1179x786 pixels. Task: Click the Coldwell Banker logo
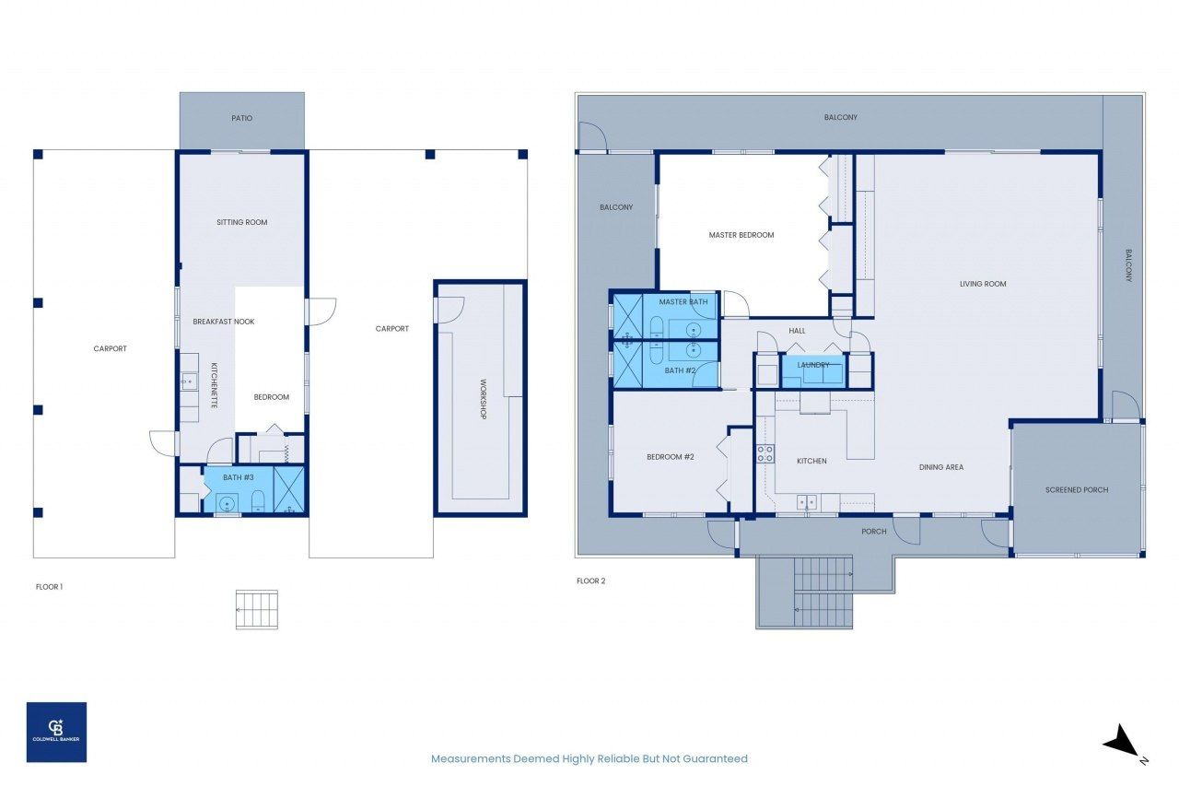tap(56, 732)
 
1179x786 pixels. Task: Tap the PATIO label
tap(241, 118)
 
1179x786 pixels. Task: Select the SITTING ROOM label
tap(242, 222)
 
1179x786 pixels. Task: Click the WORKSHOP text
tap(483, 399)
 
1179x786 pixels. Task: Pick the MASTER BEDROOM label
tap(741, 235)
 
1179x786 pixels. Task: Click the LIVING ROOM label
tap(983, 284)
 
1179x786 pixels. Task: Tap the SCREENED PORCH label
tap(1077, 489)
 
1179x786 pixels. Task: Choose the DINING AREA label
tap(941, 467)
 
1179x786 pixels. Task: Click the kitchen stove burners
tap(765, 453)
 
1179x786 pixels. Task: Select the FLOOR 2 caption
tap(591, 581)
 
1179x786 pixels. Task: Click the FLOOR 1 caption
tap(49, 586)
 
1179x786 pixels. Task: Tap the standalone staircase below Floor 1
tap(256, 610)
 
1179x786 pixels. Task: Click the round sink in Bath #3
tap(228, 503)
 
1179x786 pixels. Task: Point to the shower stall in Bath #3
tap(289, 489)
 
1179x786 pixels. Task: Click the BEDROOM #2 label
tap(670, 457)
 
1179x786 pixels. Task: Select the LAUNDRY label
tap(813, 364)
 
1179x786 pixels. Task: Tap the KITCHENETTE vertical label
tap(215, 385)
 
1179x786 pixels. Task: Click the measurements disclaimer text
tap(589, 758)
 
